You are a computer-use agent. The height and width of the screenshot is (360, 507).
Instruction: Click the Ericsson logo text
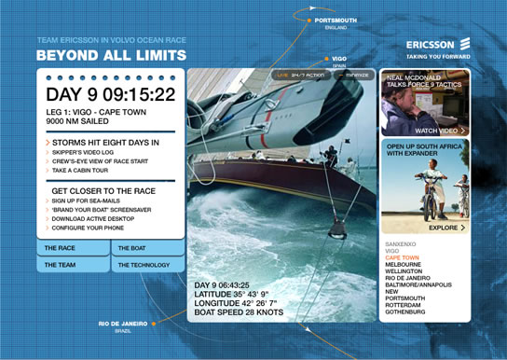coord(431,44)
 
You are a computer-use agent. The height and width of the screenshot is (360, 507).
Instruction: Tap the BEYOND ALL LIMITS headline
coord(94,55)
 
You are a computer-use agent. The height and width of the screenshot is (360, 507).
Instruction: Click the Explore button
coord(446,227)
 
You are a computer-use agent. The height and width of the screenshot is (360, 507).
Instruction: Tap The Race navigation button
coord(73,249)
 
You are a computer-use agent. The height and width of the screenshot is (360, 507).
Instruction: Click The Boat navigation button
coord(147,249)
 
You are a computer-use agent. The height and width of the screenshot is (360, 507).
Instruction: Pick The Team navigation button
coord(73,266)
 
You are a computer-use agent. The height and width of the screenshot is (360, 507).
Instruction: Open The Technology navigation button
coord(147,266)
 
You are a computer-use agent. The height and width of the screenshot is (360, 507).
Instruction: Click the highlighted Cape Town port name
coord(402,257)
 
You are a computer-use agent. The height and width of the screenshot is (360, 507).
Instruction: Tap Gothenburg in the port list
coord(405,312)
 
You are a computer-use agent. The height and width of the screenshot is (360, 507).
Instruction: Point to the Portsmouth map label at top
coord(336,20)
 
